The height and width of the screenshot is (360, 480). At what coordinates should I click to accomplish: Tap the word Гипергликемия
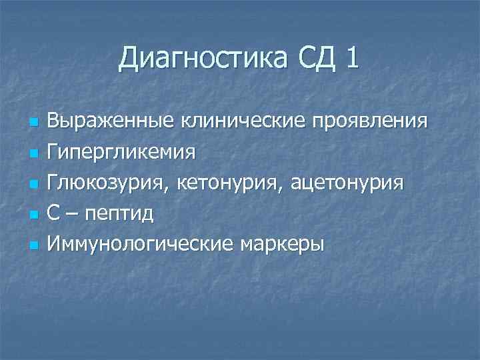pyautogui.click(x=121, y=153)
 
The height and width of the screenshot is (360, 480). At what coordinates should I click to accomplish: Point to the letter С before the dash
pyautogui.click(x=54, y=213)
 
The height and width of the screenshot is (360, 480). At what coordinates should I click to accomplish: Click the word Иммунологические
pyautogui.click(x=140, y=244)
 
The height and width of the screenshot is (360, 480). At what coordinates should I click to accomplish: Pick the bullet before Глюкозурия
pyautogui.click(x=31, y=185)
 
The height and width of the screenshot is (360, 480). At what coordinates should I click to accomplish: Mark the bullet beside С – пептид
pyautogui.click(x=31, y=215)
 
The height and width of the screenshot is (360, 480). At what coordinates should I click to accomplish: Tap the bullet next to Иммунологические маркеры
pyautogui.click(x=31, y=245)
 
